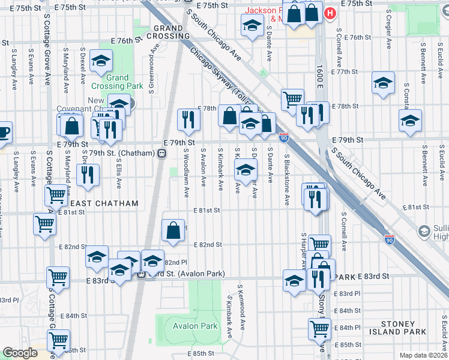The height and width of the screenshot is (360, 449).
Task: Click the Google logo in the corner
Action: coord(20,353)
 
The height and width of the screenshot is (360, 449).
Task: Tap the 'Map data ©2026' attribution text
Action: coord(423,355)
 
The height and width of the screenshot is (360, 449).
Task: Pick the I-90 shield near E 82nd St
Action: coord(389,239)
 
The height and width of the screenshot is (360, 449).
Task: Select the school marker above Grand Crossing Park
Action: coord(101,60)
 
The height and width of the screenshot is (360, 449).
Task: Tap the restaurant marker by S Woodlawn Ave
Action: coord(189,119)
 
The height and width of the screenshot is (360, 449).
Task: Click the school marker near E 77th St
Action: coord(383,83)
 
